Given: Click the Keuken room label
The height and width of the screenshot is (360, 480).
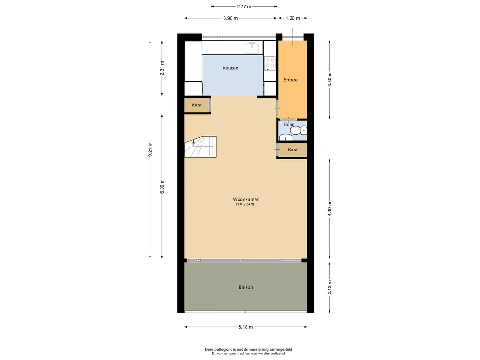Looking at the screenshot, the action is (230, 68).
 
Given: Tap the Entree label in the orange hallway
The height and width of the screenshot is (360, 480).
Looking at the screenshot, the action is (290, 80).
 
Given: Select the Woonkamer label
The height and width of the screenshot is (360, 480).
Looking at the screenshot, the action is (246, 199).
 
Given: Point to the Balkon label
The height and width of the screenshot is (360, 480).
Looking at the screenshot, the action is (246, 287).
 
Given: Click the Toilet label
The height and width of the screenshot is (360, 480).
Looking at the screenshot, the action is (289, 124).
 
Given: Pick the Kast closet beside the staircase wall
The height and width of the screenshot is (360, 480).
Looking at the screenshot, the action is (196, 105).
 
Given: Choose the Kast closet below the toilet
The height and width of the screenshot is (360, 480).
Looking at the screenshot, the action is (292, 150).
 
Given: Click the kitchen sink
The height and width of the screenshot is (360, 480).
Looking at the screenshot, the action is (252, 48).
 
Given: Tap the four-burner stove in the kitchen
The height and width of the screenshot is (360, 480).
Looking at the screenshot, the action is (270, 63).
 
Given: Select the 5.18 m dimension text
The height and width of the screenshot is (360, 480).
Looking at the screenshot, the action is (246, 327).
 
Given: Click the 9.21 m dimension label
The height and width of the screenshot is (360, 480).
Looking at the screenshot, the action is (150, 150).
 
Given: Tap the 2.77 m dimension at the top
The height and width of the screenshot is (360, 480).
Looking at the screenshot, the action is (244, 6).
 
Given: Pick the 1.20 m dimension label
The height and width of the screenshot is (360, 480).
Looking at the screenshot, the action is (292, 18).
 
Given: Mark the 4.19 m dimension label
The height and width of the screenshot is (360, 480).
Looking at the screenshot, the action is (330, 209).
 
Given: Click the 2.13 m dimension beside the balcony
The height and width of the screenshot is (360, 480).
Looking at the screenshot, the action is (330, 287).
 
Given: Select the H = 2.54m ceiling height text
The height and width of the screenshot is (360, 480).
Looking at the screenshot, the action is (245, 204).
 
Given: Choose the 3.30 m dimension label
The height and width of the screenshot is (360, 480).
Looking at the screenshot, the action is (330, 80).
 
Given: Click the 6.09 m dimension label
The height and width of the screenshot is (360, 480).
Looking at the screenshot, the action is (162, 186).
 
